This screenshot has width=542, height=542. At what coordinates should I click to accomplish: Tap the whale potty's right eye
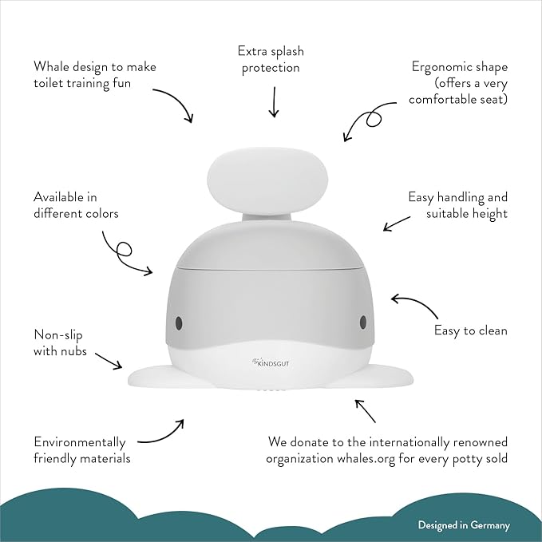363,321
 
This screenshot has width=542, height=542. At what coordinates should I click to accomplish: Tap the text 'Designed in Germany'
464,525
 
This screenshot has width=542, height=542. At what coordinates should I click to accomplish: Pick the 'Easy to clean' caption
470,330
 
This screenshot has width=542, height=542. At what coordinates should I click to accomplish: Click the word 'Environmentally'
79,441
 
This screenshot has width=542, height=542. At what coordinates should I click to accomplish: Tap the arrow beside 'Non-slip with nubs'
109,358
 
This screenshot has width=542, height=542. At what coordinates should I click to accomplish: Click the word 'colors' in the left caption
100,213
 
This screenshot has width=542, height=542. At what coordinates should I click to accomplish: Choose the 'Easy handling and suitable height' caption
457,204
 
